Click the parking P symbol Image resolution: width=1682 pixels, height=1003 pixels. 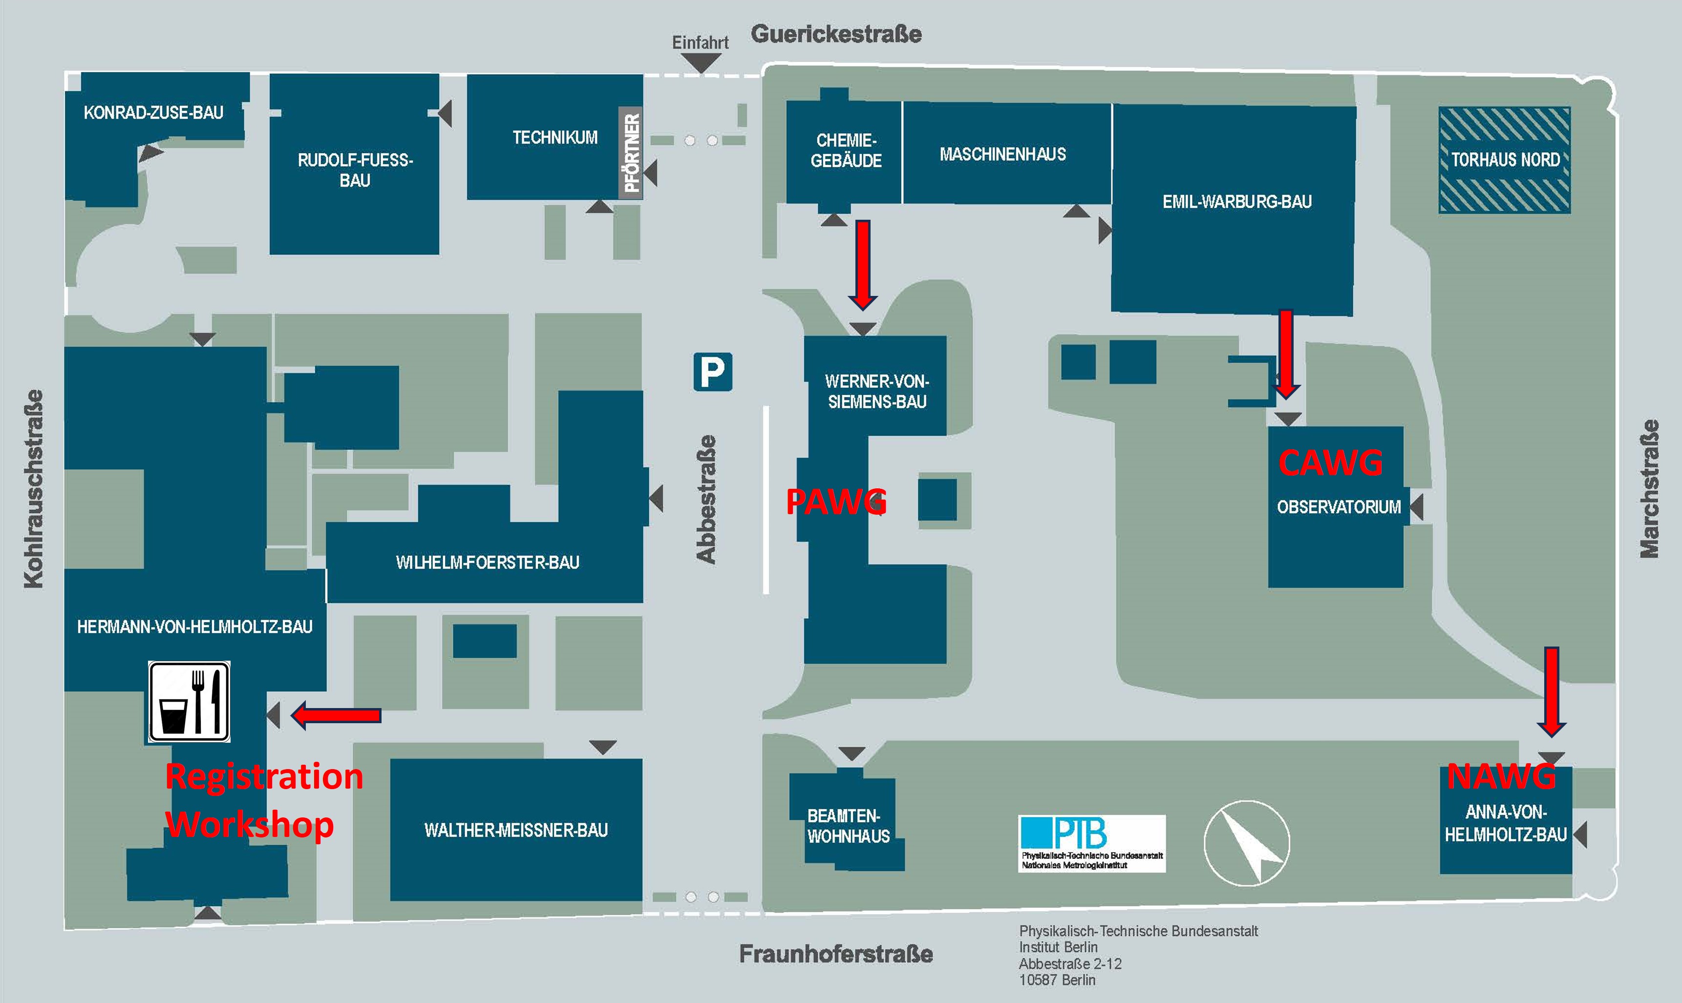coord(713,372)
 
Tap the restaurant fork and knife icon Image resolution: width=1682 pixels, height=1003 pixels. coord(189,702)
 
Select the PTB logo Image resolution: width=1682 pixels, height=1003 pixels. coord(1092,843)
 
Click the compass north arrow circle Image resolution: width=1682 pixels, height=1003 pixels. coord(1247,843)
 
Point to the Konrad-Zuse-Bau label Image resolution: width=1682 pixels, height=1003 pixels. coord(153,112)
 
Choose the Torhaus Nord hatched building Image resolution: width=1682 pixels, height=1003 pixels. coord(1505,160)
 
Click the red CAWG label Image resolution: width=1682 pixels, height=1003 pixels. coord(1330,463)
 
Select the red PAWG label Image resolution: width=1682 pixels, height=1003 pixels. coord(836,502)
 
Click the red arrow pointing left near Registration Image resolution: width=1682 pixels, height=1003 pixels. coord(336,715)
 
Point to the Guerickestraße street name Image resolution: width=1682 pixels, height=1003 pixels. coord(836,34)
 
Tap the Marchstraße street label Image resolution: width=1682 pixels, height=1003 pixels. coord(1650,489)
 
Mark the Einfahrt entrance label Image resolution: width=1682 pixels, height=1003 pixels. coord(700,42)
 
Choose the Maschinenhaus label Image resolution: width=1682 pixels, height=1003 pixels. coord(1002,154)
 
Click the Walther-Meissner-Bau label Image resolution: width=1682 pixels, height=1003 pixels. coord(516,830)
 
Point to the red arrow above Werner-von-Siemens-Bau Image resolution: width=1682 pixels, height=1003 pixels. coord(863,264)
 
